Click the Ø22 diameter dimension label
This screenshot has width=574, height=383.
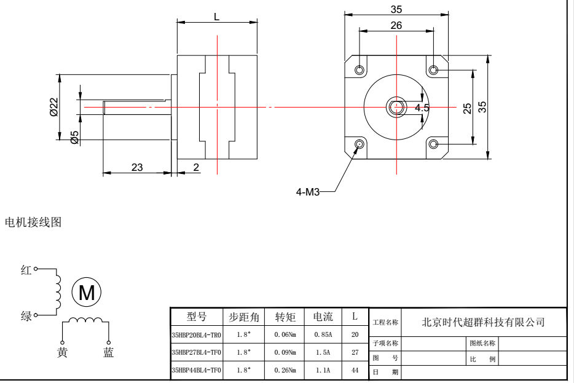[x=53, y=111]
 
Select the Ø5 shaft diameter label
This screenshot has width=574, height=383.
[x=74, y=137]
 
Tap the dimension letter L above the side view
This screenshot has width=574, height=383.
[x=216, y=16]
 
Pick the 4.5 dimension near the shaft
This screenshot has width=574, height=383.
[x=422, y=108]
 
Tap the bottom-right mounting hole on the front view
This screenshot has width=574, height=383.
[x=434, y=144]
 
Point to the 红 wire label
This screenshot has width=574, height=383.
[x=26, y=270]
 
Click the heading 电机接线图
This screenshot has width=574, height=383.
[x=31, y=221]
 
